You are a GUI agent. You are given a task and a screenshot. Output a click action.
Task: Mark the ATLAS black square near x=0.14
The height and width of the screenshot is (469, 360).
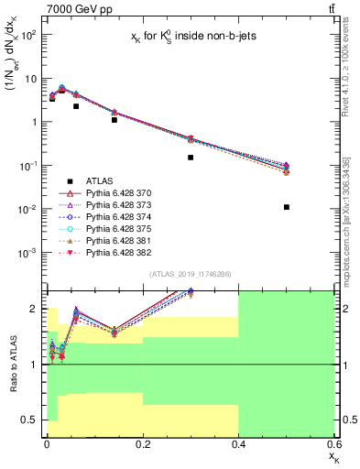coord(114,120)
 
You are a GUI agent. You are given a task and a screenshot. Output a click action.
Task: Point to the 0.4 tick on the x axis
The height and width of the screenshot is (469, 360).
coord(238,443)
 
